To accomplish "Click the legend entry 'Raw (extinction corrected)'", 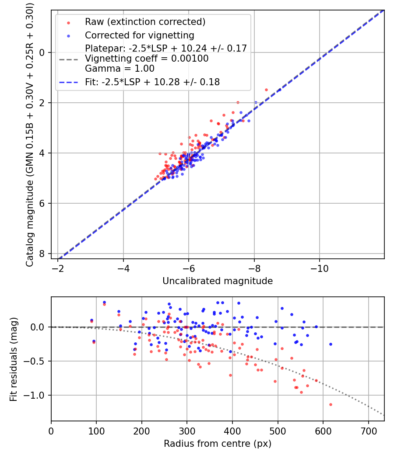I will click(145, 22).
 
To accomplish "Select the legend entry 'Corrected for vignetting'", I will click(140, 35).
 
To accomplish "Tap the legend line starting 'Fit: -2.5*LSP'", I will click(152, 82).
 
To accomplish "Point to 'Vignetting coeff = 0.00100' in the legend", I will click(147, 59).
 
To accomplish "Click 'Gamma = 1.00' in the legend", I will click(120, 69).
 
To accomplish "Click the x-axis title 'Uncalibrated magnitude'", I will click(218, 281).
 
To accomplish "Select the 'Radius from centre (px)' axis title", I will click(218, 444).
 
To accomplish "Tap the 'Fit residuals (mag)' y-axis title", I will click(14, 359).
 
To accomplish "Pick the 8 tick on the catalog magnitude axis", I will click(42, 254).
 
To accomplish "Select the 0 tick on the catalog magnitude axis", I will click(42, 52).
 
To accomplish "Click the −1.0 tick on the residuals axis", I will click(37, 395).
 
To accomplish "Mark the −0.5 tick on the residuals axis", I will click(37, 361).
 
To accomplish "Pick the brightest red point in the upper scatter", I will click(266, 90).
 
